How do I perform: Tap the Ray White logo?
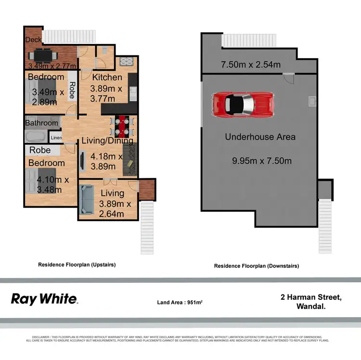click(x=44, y=299)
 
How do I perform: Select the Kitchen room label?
click(x=107, y=78)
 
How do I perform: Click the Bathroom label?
click(x=42, y=123)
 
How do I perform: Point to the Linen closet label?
click(x=56, y=138)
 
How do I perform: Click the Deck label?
click(x=34, y=40)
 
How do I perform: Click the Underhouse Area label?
click(x=260, y=137)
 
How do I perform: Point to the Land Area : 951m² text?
click(x=180, y=303)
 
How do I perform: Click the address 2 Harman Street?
click(x=311, y=297)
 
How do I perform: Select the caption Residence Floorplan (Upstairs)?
click(x=77, y=265)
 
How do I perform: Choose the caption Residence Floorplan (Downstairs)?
click(x=257, y=266)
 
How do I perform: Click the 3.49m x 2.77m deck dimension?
click(x=53, y=66)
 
